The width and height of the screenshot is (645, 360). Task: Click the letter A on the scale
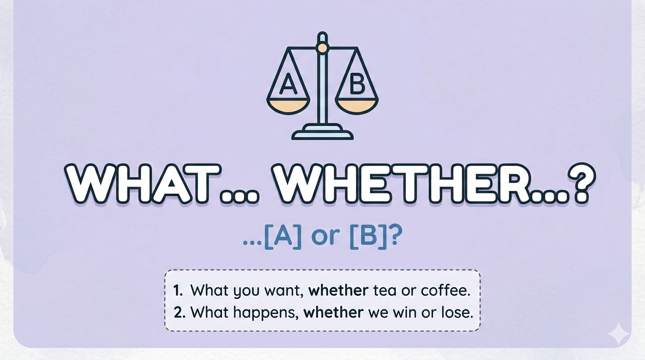point(288,86)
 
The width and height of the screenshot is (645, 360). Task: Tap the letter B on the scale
point(357,86)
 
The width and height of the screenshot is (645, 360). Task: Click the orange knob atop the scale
point(322,47)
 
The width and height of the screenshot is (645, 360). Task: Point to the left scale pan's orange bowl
point(288,106)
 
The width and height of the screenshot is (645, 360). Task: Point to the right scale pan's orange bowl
point(357,106)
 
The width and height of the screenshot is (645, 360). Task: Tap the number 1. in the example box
point(178,291)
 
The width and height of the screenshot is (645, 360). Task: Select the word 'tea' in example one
point(384,291)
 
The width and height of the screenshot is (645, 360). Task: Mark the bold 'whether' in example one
point(338,291)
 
